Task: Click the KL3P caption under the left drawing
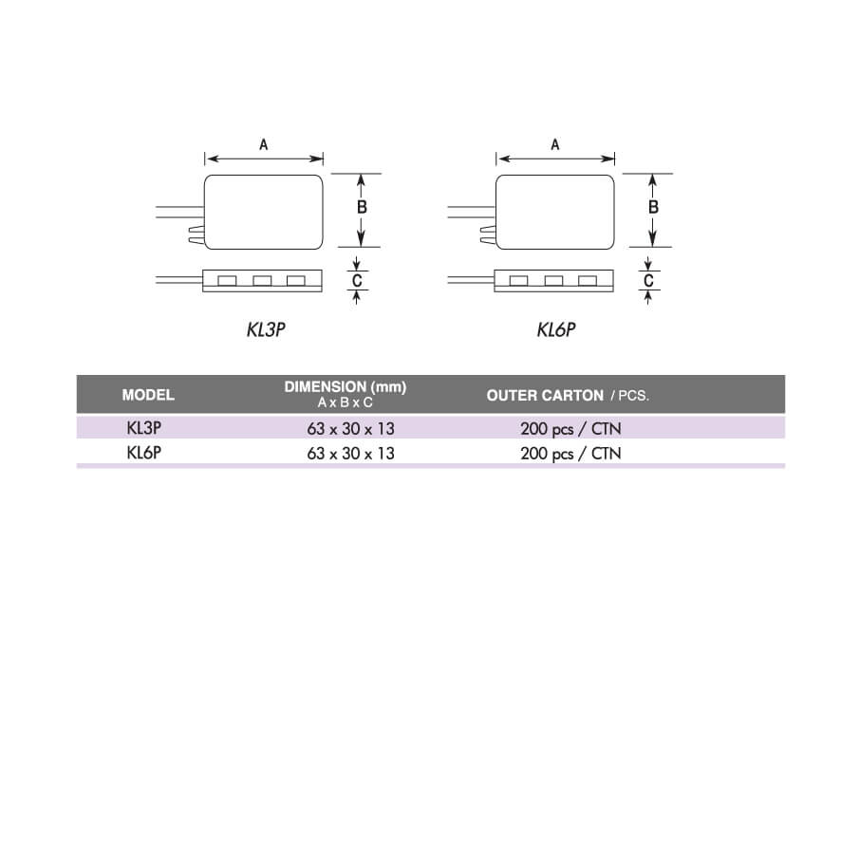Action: tap(266, 329)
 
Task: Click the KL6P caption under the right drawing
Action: tap(556, 329)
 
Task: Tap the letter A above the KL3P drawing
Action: tap(263, 145)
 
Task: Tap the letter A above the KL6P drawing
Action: tap(555, 145)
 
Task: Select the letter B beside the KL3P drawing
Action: tap(362, 207)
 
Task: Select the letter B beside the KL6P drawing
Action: tap(653, 207)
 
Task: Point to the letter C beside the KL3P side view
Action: tap(357, 281)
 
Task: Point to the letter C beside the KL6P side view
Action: tap(648, 281)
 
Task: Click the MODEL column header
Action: tap(148, 395)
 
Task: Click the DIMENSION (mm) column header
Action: tap(346, 386)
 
